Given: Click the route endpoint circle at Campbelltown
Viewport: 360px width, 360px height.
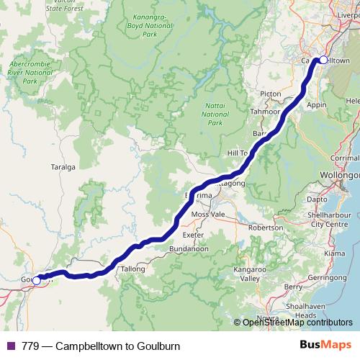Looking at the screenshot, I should point(323,60).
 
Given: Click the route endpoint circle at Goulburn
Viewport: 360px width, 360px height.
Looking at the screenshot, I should point(37,280).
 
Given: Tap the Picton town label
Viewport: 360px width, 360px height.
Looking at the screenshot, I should point(271,94).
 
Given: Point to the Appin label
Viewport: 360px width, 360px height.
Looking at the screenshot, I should point(317,104).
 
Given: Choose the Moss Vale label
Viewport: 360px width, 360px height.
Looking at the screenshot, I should point(208,215).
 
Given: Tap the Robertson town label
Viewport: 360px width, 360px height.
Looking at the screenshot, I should point(266,227).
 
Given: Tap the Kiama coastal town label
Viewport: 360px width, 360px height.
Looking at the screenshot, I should point(335,254).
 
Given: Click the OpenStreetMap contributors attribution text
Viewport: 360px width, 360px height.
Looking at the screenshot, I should point(297,323).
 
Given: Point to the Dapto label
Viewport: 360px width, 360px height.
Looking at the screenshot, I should point(317,198).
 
